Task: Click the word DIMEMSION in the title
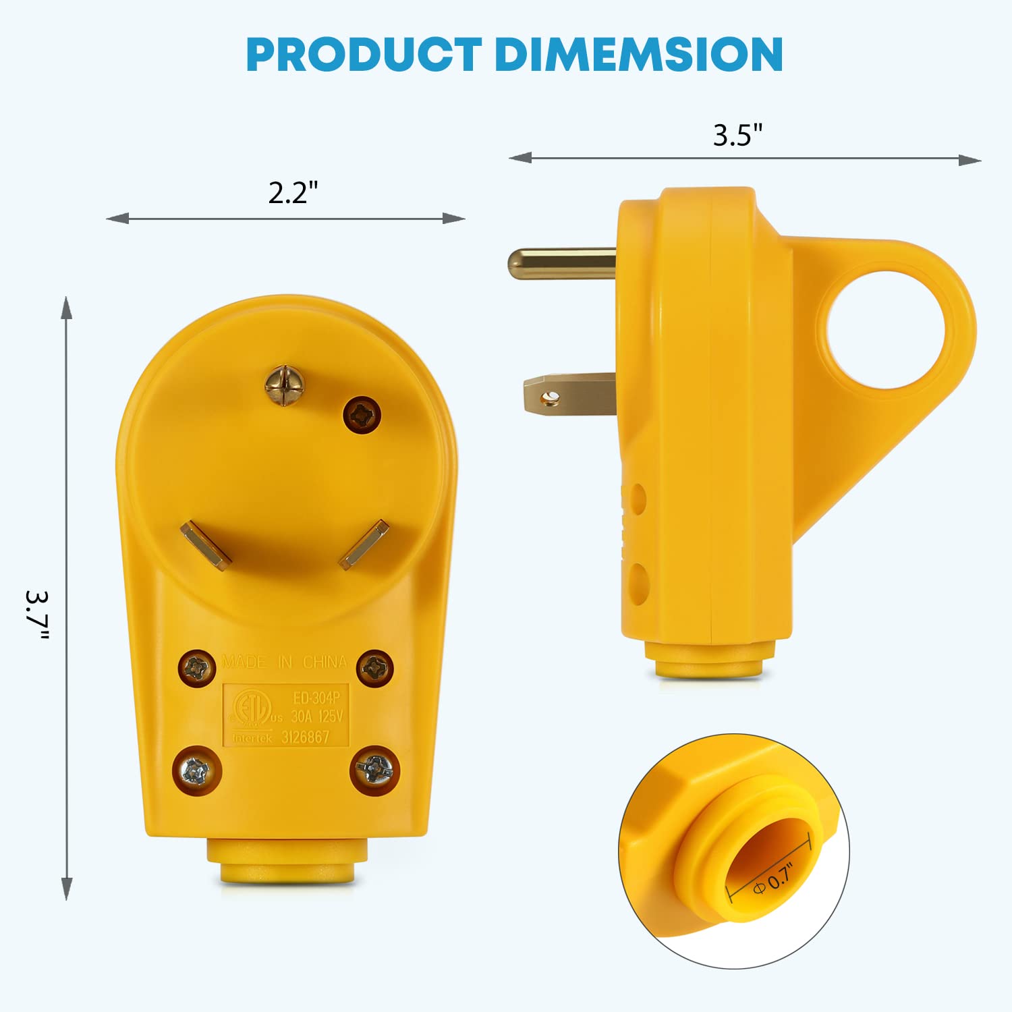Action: click(638, 55)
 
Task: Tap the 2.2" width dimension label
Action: click(293, 193)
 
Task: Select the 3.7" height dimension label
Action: click(38, 615)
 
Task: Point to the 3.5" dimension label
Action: click(737, 136)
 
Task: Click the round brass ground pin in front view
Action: click(284, 385)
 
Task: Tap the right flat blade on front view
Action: click(364, 544)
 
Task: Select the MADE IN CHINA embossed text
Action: click(284, 662)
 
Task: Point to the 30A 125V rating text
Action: click(317, 716)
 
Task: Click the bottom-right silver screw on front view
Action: click(374, 769)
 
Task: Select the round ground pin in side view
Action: click(561, 263)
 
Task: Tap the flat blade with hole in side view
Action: click(569, 395)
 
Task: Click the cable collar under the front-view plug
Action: click(287, 862)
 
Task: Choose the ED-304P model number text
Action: click(316, 698)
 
